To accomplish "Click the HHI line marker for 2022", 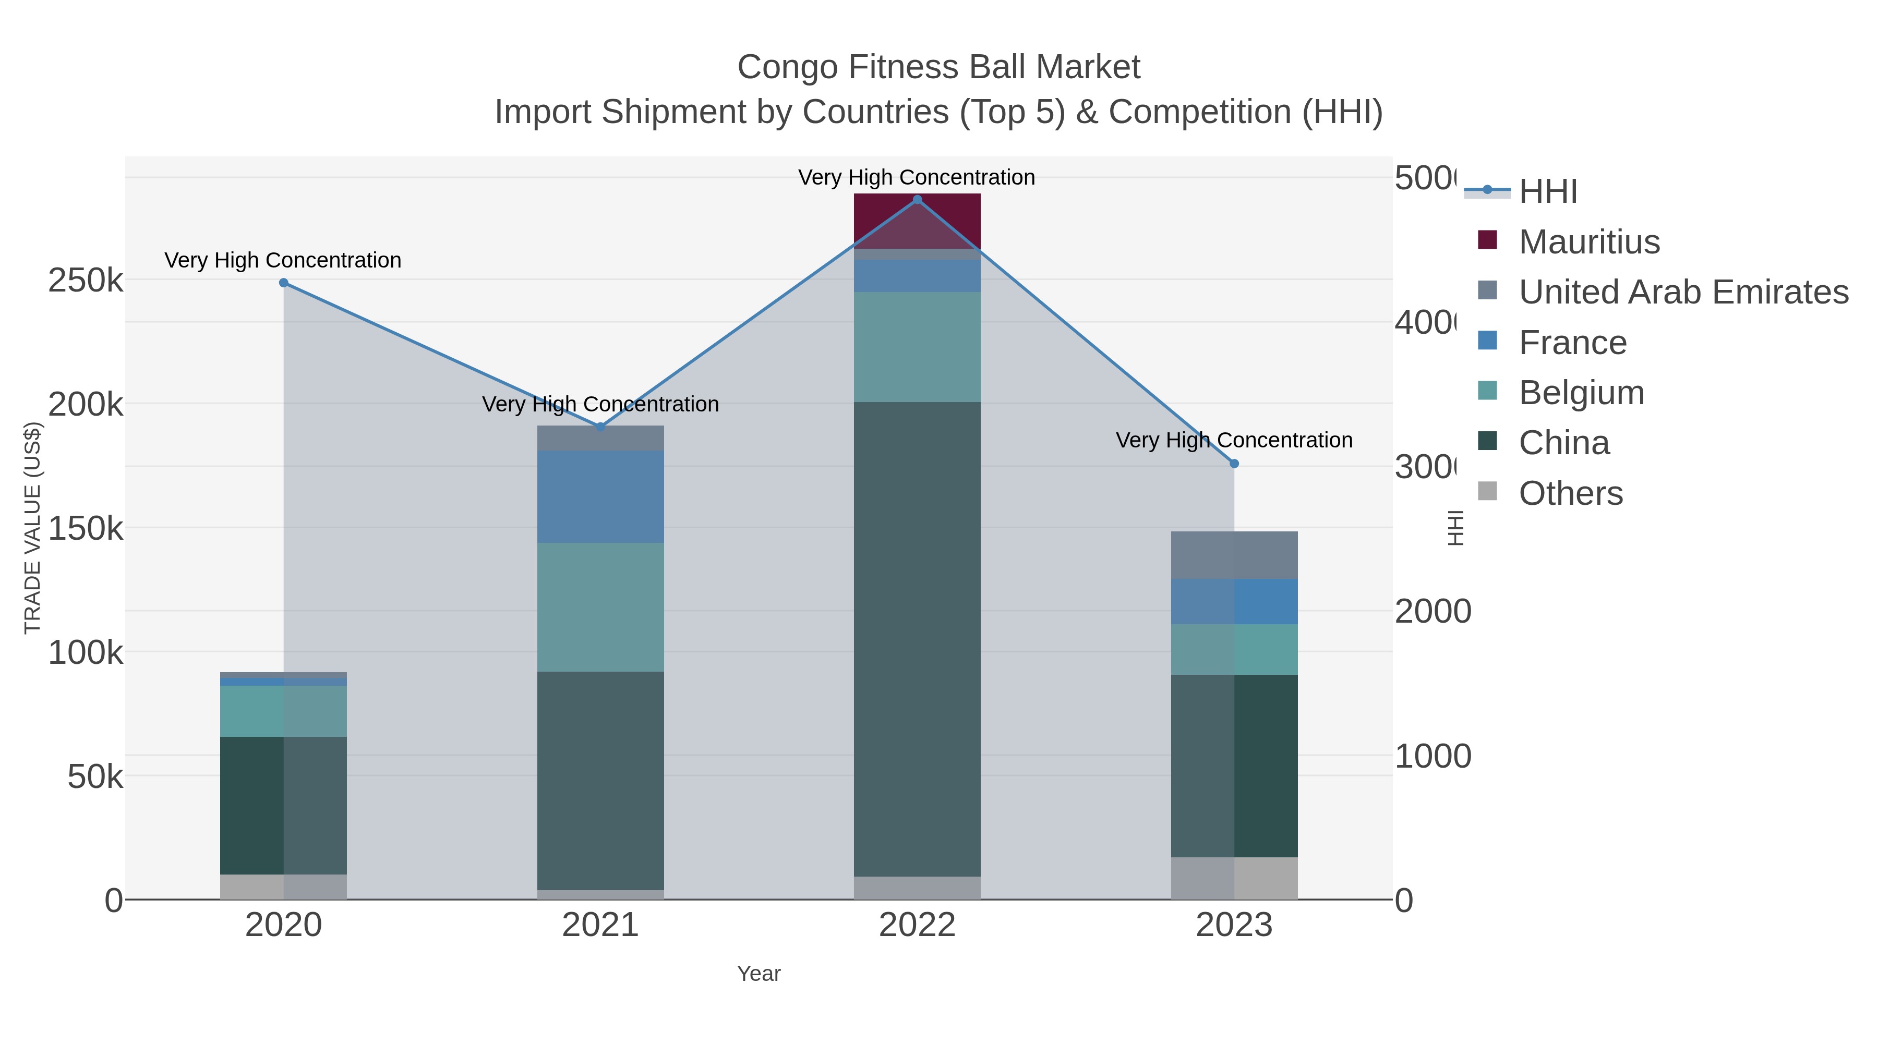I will click(x=917, y=200).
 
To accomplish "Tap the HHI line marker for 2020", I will click(x=284, y=283).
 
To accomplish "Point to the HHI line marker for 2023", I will click(x=1234, y=464).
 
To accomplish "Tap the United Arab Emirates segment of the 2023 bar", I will click(x=1234, y=555).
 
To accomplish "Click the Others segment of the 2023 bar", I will click(x=1234, y=878).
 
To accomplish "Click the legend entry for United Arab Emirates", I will click(x=1682, y=292).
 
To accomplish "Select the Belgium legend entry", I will click(x=1581, y=393).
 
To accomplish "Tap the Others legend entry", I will click(x=1570, y=493).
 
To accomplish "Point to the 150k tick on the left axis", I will click(x=86, y=528).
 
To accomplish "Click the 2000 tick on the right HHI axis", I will click(x=1432, y=612).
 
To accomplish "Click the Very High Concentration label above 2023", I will click(x=1234, y=440).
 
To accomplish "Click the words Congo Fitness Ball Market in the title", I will click(x=938, y=67).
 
